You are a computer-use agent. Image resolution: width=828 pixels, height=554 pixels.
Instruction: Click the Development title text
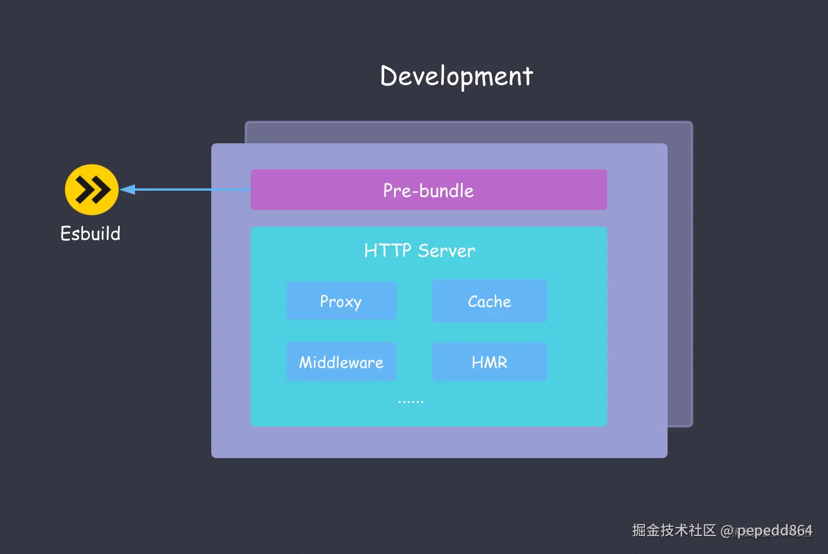456,76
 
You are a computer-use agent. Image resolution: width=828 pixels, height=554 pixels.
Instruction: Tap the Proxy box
341,301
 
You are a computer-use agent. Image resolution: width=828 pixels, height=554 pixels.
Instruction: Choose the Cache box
489,301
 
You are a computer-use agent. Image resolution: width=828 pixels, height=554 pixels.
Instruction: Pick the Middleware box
341,362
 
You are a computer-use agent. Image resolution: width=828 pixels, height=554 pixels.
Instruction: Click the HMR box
489,362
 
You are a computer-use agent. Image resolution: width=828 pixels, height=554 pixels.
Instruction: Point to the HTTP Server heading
419,250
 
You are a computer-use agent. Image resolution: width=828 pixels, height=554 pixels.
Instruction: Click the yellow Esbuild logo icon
91,190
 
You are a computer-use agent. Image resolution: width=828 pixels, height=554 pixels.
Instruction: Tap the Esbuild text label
90,234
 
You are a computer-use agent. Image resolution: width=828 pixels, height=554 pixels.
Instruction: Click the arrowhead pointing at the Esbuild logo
127,190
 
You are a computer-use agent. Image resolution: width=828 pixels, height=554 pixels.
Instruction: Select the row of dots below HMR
411,402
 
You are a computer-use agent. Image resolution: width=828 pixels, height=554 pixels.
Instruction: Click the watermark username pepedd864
774,530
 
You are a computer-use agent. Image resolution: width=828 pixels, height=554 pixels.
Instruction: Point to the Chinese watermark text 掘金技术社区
674,530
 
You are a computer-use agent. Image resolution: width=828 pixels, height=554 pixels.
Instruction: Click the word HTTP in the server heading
387,250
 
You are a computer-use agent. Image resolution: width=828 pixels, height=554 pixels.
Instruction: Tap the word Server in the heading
446,250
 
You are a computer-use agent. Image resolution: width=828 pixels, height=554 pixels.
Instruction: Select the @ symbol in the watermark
727,531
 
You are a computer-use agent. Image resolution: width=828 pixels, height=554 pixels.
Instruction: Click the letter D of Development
389,76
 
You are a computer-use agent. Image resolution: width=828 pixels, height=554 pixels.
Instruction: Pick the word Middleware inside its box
341,362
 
